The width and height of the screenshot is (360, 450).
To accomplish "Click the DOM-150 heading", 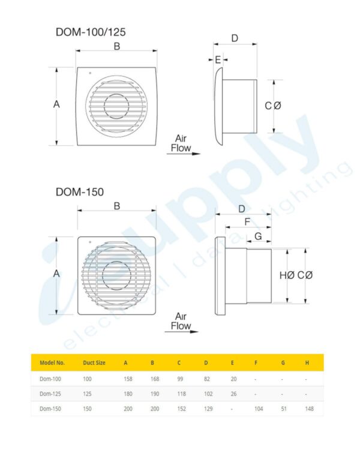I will [x=79, y=192].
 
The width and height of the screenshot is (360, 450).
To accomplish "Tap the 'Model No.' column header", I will [x=52, y=362].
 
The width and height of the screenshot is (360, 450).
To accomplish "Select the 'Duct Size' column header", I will [x=94, y=362].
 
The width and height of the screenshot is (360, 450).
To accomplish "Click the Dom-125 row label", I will [x=50, y=394].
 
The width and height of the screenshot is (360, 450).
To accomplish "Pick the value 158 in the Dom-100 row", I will [x=128, y=379].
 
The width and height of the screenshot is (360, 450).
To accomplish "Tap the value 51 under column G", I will [x=283, y=410].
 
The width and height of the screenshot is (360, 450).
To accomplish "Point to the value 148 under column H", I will [x=309, y=410].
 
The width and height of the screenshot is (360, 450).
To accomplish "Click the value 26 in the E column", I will [x=234, y=394].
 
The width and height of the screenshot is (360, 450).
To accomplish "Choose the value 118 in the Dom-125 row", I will [x=182, y=394].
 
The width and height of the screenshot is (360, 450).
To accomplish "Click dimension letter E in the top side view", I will [x=217, y=59].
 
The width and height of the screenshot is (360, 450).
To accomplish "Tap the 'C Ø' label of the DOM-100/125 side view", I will [x=273, y=106].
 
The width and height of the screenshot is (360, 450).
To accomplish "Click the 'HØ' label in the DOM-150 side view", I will [x=287, y=275].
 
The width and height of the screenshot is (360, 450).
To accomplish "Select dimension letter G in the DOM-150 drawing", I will [x=257, y=236].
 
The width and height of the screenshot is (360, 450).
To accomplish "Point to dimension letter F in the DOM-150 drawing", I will [x=247, y=222].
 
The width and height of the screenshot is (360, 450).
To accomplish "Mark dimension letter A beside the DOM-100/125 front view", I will [x=56, y=104].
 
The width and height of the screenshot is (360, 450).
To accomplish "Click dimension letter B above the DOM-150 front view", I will [x=117, y=206].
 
